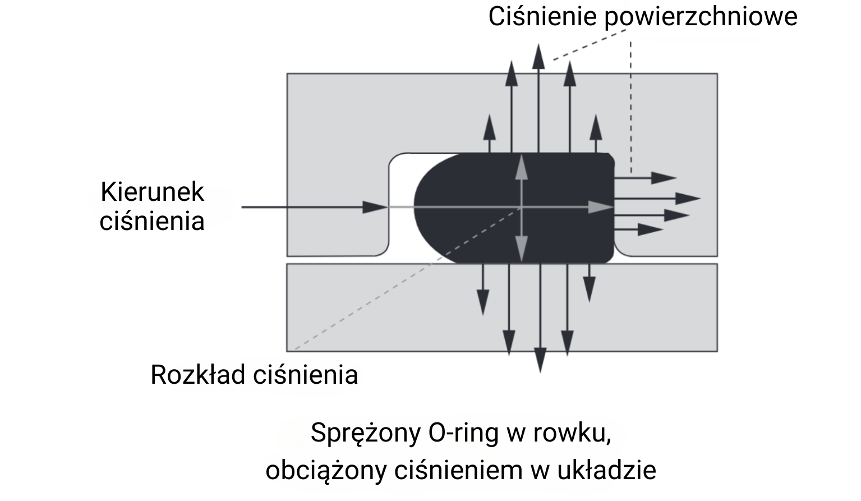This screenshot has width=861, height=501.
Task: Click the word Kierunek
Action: (x=152, y=192)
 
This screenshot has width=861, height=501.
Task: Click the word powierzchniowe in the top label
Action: (x=701, y=16)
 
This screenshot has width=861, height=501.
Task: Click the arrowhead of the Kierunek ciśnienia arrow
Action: (x=377, y=207)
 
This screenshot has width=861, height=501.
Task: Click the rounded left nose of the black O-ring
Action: (x=418, y=206)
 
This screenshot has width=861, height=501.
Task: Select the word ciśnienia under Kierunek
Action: (x=152, y=220)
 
